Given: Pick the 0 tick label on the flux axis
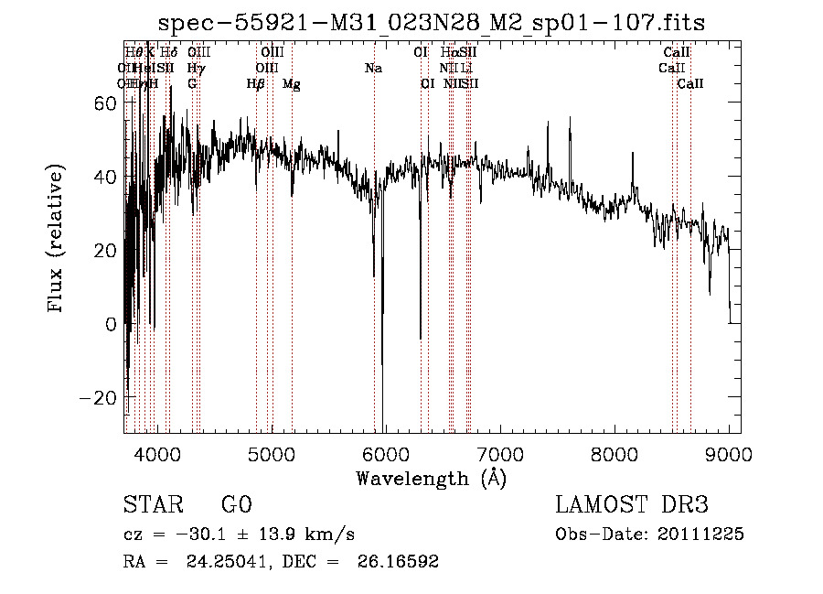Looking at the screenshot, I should pos(110,324).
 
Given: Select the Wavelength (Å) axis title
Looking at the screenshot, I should pos(431,478).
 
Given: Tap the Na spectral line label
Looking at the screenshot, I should pos(373,69).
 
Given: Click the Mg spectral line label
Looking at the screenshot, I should pos(291,84).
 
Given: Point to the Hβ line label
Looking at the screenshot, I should pos(256,84).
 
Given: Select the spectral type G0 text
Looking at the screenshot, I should pos(236,505).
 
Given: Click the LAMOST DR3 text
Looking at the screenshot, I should pos(632,505).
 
